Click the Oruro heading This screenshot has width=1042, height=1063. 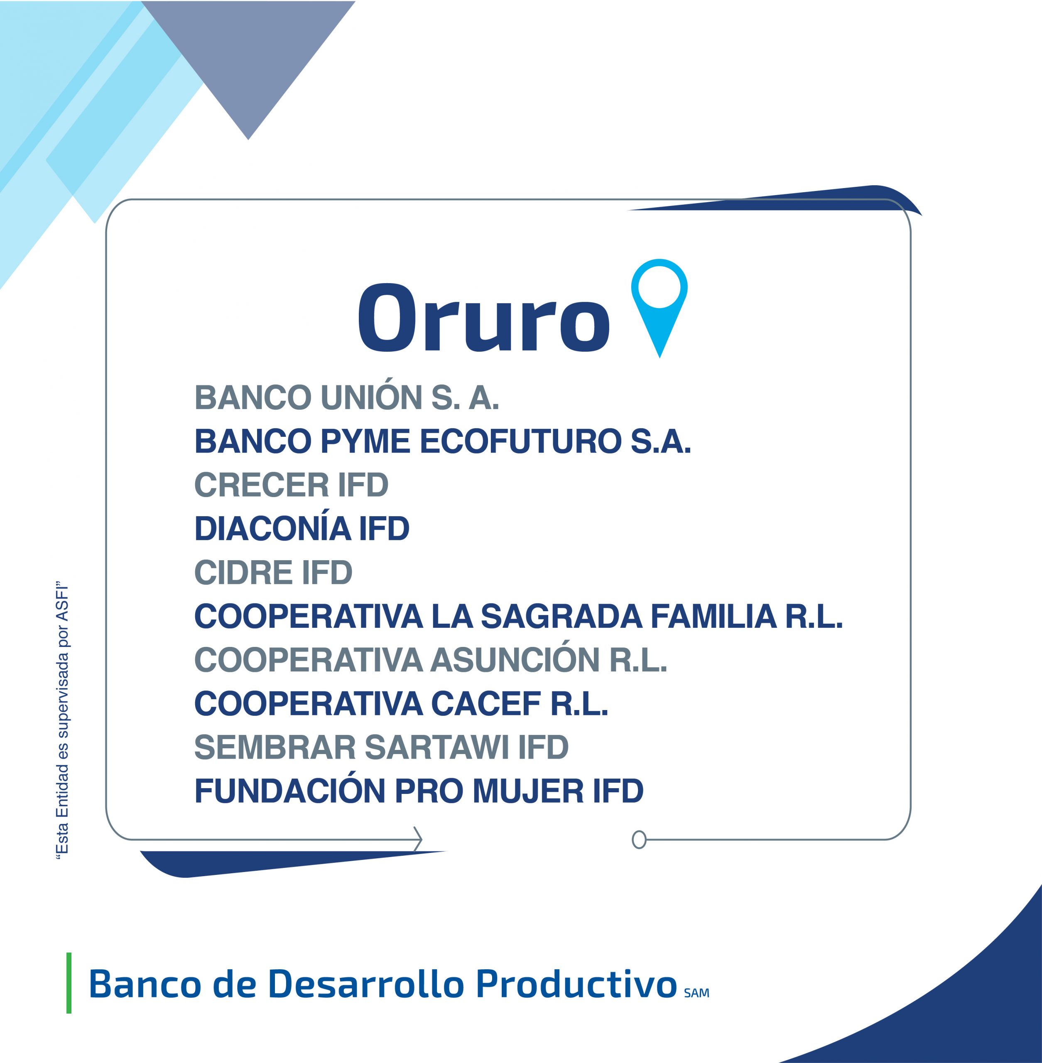(x=484, y=317)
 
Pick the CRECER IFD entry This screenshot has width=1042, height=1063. (x=291, y=485)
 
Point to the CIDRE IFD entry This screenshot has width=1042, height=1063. (x=273, y=572)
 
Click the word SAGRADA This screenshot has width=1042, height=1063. (x=561, y=616)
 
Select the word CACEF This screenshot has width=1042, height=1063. (x=486, y=703)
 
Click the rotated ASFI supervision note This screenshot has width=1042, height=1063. (x=63, y=720)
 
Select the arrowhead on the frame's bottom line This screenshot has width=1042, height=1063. (x=418, y=839)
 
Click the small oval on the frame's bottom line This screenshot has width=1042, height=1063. (x=639, y=839)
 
